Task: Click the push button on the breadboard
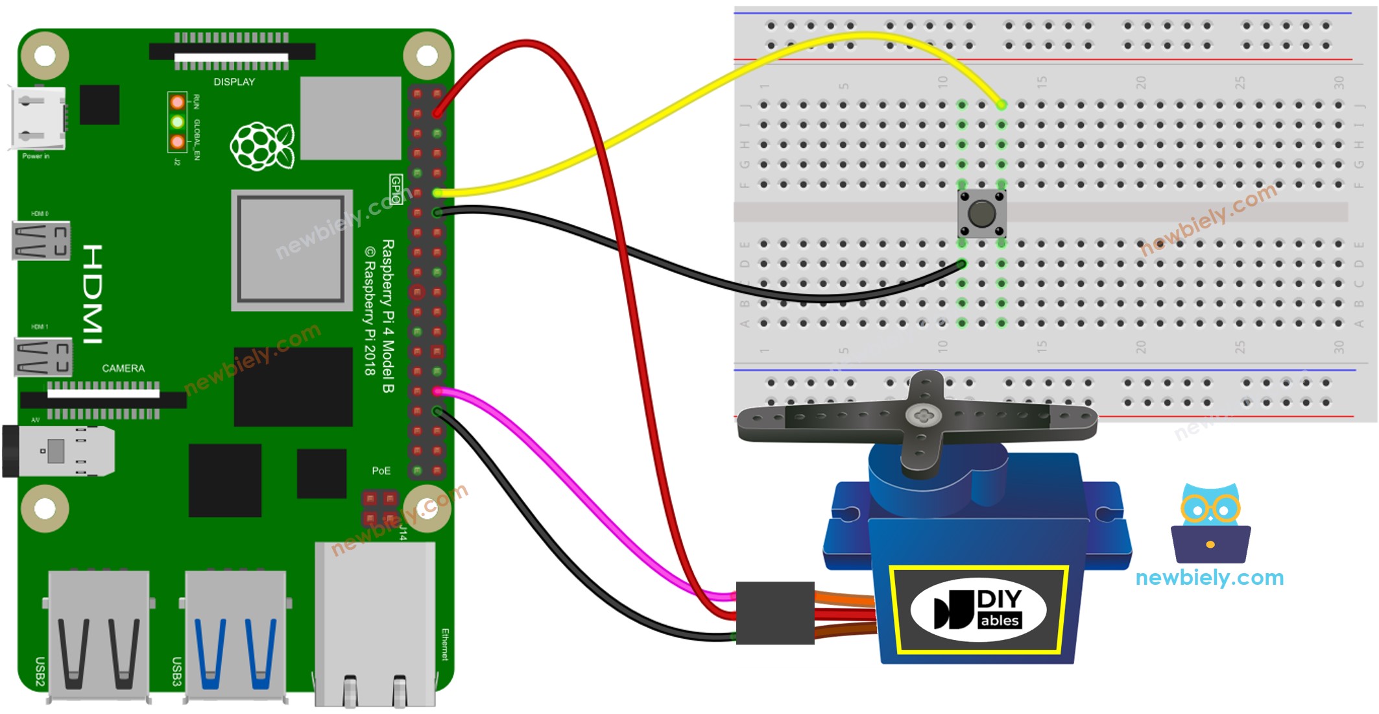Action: [981, 214]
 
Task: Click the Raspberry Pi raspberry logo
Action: [262, 146]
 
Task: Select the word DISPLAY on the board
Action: [234, 82]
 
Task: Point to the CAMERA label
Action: [123, 368]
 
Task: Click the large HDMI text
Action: [92, 294]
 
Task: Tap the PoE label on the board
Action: [381, 471]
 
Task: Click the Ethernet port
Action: [375, 623]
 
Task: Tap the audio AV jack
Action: [58, 451]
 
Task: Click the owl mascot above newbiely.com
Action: [1210, 523]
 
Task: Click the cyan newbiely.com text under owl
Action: [1209, 577]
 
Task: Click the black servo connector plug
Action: [774, 613]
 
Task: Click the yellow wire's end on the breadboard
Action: [1001, 105]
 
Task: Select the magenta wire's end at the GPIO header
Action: [438, 391]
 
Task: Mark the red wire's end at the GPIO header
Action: [438, 114]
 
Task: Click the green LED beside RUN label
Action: [177, 122]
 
